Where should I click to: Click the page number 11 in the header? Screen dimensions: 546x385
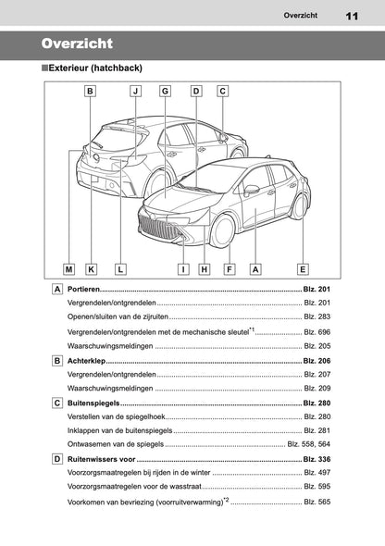tap(352, 15)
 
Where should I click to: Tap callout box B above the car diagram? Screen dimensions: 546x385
tap(90, 91)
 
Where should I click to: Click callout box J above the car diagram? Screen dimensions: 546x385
tap(135, 91)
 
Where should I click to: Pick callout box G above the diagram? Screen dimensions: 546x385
tap(165, 91)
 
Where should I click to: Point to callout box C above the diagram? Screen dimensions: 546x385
tap(223, 91)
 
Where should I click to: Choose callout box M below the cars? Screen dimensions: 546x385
tap(69, 269)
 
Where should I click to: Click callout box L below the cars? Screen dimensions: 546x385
tap(120, 269)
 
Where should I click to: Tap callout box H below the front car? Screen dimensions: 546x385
tap(204, 269)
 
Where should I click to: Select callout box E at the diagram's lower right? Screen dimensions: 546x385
tap(302, 269)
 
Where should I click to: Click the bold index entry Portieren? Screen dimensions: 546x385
tap(87, 291)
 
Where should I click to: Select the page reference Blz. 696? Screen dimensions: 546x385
tap(317, 330)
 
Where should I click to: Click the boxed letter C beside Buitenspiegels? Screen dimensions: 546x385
tap(57, 403)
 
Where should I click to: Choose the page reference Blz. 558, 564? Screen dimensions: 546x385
tap(308, 444)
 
